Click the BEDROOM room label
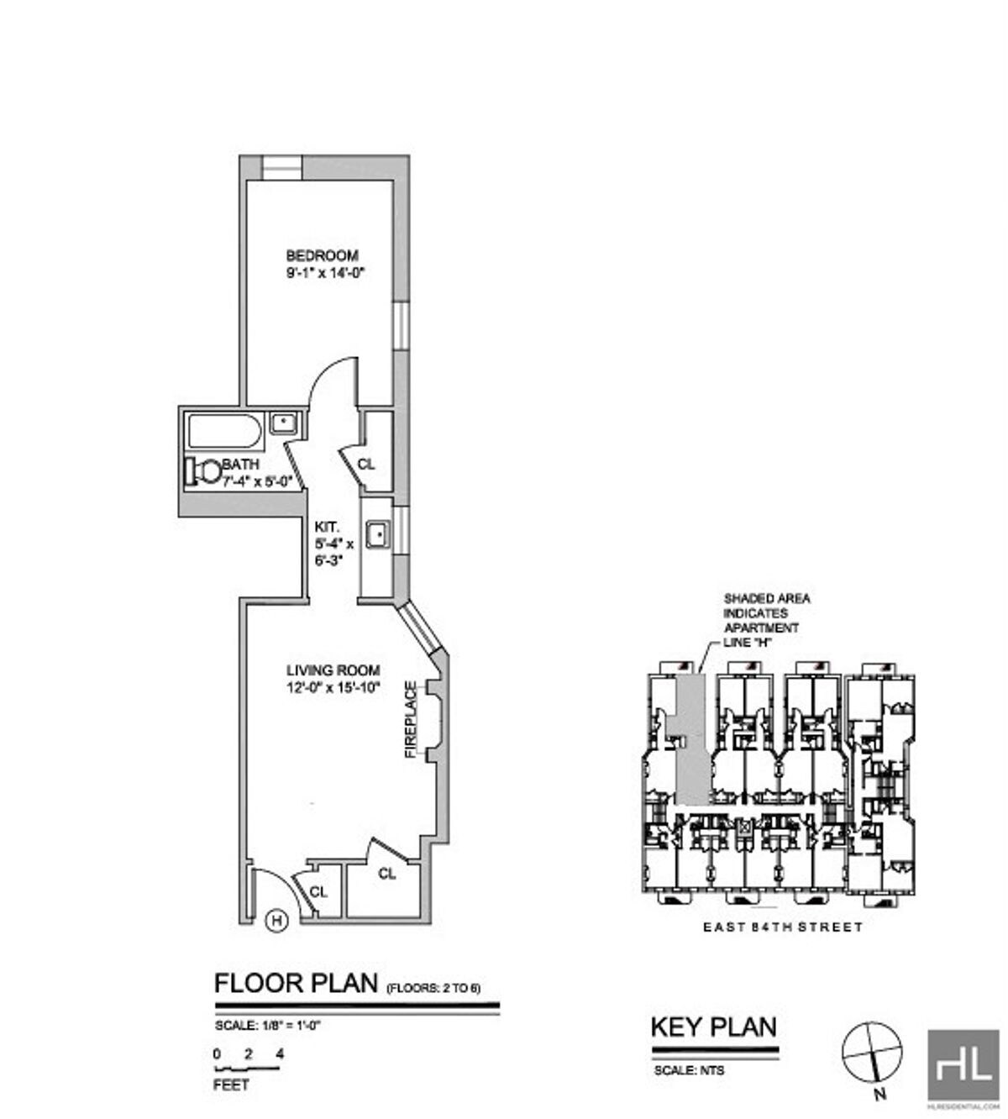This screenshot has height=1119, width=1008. (322, 255)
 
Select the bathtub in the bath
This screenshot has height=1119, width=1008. (224, 431)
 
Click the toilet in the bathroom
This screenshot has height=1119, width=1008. (201, 470)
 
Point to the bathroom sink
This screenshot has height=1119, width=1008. (283, 423)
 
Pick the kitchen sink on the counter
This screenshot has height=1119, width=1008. (379, 533)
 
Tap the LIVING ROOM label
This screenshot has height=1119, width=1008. (333, 670)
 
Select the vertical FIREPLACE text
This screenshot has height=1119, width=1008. (411, 720)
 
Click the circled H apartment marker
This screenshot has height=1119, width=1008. (276, 921)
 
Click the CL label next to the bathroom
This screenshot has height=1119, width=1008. (366, 464)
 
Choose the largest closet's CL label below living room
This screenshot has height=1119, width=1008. (386, 874)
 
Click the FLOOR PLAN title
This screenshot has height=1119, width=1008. (296, 983)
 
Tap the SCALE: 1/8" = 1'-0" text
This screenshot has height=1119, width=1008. (268, 1025)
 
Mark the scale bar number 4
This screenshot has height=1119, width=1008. (280, 1053)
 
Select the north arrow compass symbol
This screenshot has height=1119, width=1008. (872, 1051)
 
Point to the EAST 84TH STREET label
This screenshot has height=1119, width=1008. (782, 927)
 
